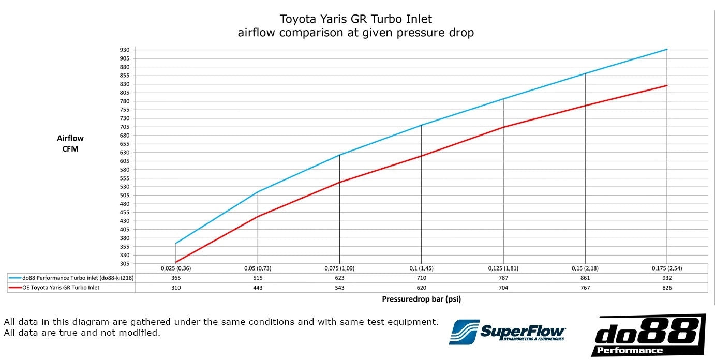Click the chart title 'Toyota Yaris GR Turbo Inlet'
355,19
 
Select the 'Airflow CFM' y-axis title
70,144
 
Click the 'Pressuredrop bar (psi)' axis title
421,299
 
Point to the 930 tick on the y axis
124,50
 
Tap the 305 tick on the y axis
124,264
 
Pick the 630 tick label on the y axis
124,153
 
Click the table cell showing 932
666,278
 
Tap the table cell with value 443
258,288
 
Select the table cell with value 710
421,278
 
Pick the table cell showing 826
666,288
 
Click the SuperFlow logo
508,332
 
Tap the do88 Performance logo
648,335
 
